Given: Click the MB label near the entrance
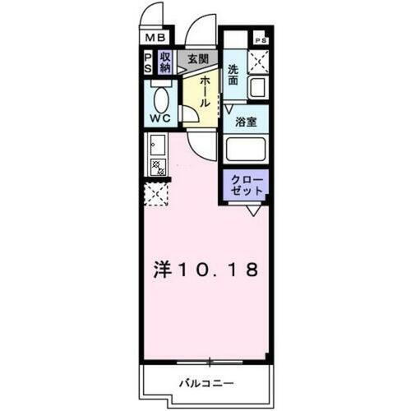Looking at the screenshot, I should click(156, 37).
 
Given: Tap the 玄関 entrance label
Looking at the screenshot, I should click(196, 59).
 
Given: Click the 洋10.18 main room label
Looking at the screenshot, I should click(207, 270).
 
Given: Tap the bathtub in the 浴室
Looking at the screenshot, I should click(247, 150).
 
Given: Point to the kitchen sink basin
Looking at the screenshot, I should click(156, 148).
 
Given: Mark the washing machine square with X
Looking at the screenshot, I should click(260, 61).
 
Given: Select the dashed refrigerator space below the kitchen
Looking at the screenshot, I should click(156, 195).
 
